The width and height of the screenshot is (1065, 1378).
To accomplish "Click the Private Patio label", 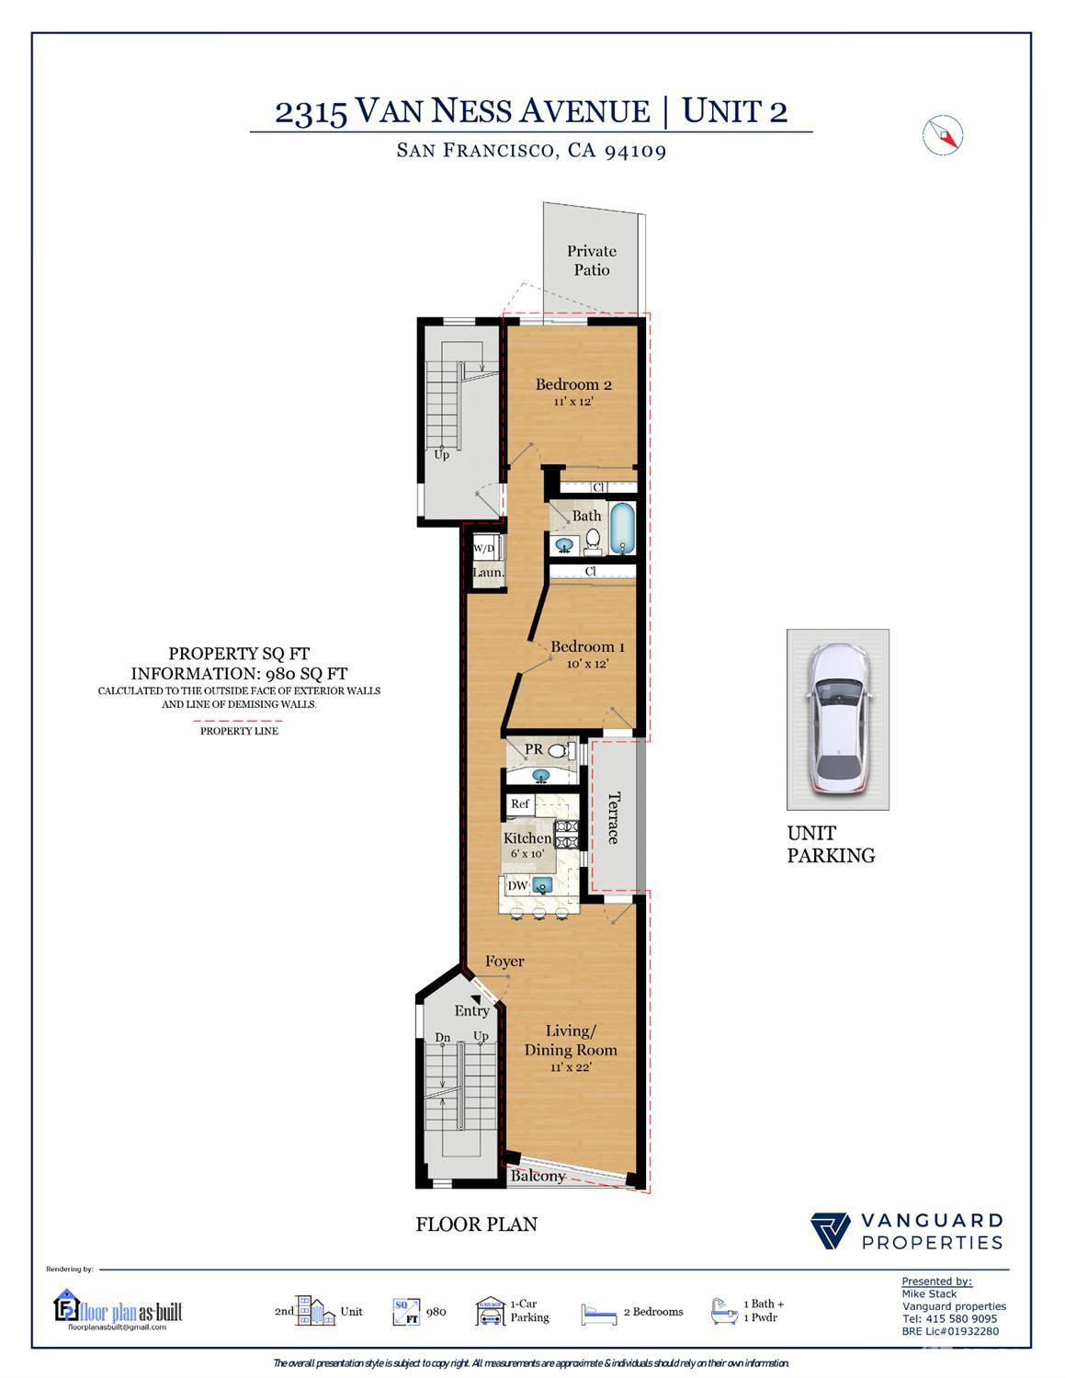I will pos(591,260).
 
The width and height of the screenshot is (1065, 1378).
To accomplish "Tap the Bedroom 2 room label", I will pos(573,384).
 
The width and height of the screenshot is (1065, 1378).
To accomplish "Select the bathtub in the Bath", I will pos(622,529).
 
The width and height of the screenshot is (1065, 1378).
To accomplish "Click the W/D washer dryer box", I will pos(483,549).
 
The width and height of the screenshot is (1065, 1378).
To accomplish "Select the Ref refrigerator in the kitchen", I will pos(520,804).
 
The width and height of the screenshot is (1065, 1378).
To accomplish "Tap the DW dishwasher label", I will pos(517,885).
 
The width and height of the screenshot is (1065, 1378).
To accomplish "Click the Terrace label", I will pos(614,816).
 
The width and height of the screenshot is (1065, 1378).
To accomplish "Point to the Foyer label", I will pos(504,961).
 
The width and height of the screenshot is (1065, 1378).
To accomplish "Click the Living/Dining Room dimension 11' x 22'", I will pos(570,1067).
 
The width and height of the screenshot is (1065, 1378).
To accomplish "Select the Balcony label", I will pos(538,1176).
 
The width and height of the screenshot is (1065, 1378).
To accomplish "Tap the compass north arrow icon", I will pos(942,134).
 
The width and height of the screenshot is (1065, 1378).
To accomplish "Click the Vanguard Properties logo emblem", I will pos(831,1231).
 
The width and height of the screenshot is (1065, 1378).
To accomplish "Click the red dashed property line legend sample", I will pos(238,720).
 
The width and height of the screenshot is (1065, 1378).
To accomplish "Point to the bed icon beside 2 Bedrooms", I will pos(599,1314).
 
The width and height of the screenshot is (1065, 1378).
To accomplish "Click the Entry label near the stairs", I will pos(471,1010).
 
